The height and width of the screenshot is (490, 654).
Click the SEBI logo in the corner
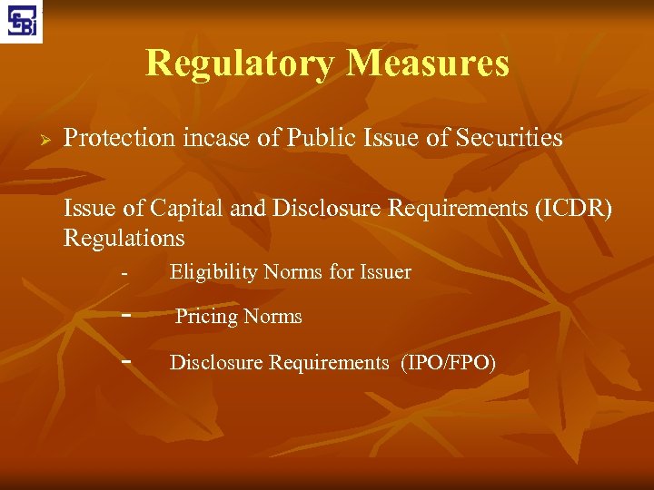pyautogui.click(x=22, y=22)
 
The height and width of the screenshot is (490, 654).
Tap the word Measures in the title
pyautogui.click(x=427, y=64)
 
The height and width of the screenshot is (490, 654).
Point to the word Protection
pyautogui.click(x=118, y=139)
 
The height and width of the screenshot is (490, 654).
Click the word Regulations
pyautogui.click(x=124, y=239)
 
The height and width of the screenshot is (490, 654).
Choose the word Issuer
pyautogui.click(x=384, y=272)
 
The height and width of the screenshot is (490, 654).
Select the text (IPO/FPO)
pyautogui.click(x=449, y=363)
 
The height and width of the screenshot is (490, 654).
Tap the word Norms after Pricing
pyautogui.click(x=274, y=317)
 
